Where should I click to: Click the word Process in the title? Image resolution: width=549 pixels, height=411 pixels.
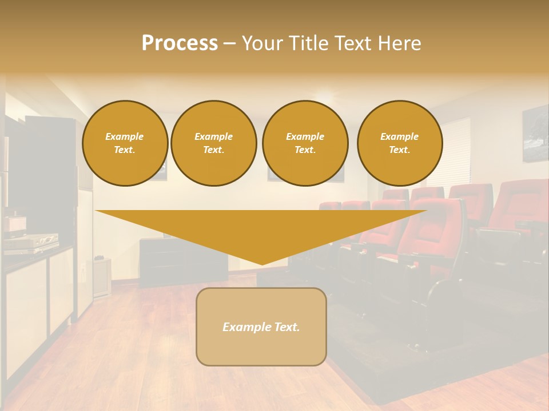(x=180, y=43)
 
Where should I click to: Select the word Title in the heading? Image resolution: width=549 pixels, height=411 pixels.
(x=308, y=43)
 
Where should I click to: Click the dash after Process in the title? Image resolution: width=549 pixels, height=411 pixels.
(x=229, y=44)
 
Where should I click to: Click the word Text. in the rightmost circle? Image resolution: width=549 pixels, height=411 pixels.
(x=399, y=150)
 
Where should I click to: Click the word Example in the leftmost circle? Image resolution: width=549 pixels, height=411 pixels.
(x=124, y=136)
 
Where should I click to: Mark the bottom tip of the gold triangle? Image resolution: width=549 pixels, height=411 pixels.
(x=261, y=264)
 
